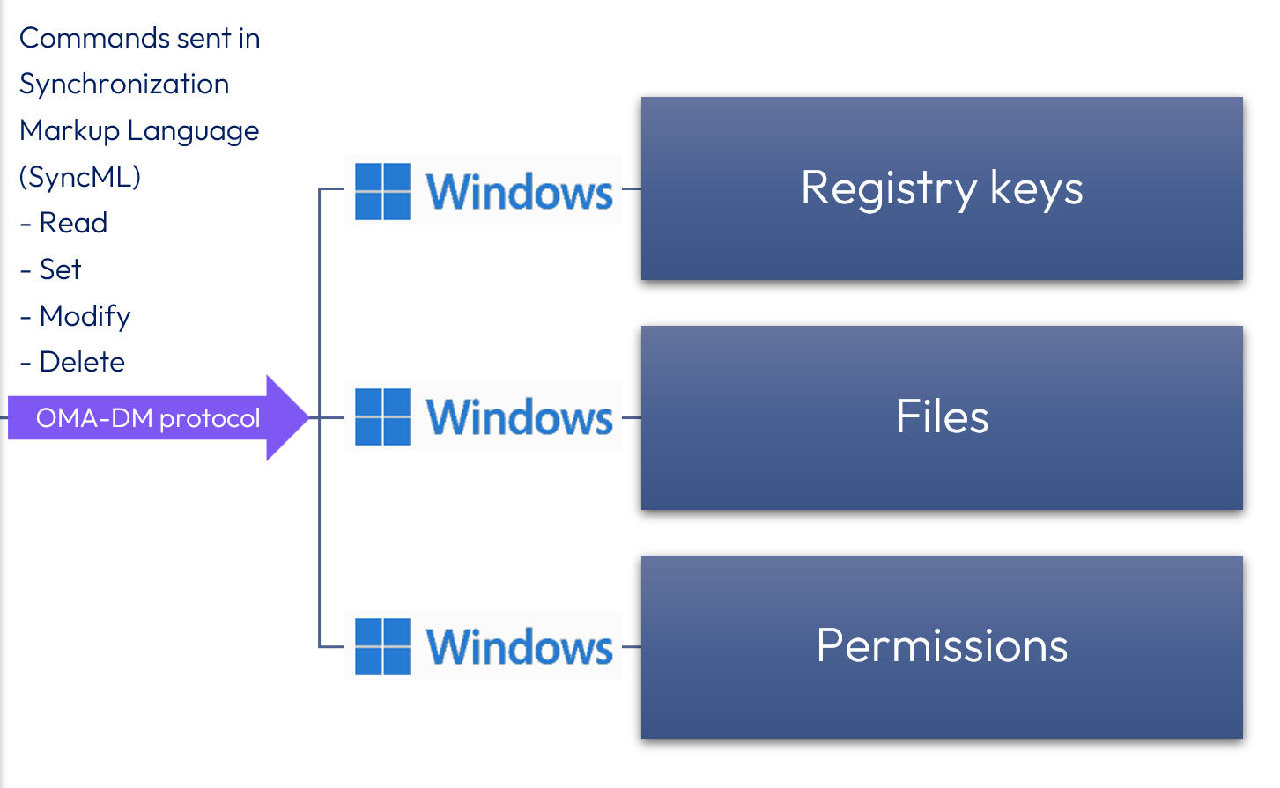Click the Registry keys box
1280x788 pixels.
pyautogui.click(x=941, y=188)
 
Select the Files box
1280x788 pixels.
pyautogui.click(x=941, y=417)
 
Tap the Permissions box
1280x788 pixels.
pyautogui.click(x=941, y=646)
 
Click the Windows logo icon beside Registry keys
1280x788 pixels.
pyautogui.click(x=382, y=191)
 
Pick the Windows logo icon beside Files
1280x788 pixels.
pyautogui.click(x=382, y=416)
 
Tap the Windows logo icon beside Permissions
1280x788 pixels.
pyautogui.click(x=382, y=646)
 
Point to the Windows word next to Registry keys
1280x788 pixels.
pyautogui.click(x=519, y=192)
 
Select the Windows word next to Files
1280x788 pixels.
pyautogui.click(x=519, y=417)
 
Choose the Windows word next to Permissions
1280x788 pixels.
pyautogui.click(x=519, y=647)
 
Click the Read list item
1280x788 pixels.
pyautogui.click(x=73, y=223)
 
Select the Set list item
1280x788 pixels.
pyautogui.click(x=60, y=269)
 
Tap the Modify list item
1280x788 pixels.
pyautogui.click(x=85, y=316)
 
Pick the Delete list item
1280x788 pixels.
pyautogui.click(x=82, y=362)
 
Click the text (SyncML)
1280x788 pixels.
pyautogui.click(x=80, y=177)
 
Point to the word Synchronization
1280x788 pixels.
pyautogui.click(x=124, y=85)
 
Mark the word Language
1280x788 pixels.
pyautogui.click(x=193, y=131)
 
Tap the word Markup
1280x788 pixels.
pyautogui.click(x=70, y=131)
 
